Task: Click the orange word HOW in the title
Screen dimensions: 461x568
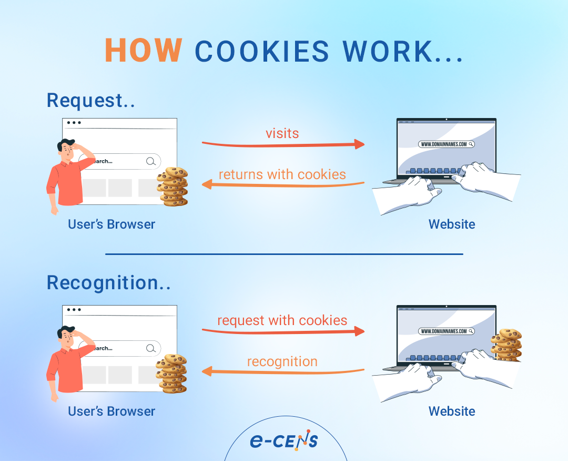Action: coord(143,51)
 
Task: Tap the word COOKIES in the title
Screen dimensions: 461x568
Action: coord(262,51)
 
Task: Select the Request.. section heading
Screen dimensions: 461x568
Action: coord(91,100)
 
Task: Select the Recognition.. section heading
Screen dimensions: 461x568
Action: coord(108,283)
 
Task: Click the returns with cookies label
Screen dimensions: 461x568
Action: coord(282,174)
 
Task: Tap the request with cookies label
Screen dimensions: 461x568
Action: coord(282,320)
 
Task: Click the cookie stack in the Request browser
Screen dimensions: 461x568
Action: coord(173,187)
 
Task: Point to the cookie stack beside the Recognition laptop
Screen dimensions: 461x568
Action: coord(506,345)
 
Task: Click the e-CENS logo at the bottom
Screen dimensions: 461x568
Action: coord(284,440)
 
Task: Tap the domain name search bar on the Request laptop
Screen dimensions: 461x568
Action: coord(447,144)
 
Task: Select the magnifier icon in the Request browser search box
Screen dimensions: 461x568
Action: coord(151,161)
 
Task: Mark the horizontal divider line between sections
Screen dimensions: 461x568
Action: coord(284,254)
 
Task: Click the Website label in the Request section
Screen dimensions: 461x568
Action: coord(452,224)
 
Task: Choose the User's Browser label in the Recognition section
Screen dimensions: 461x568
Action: coord(111,411)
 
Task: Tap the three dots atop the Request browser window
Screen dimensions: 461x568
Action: coord(74,123)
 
